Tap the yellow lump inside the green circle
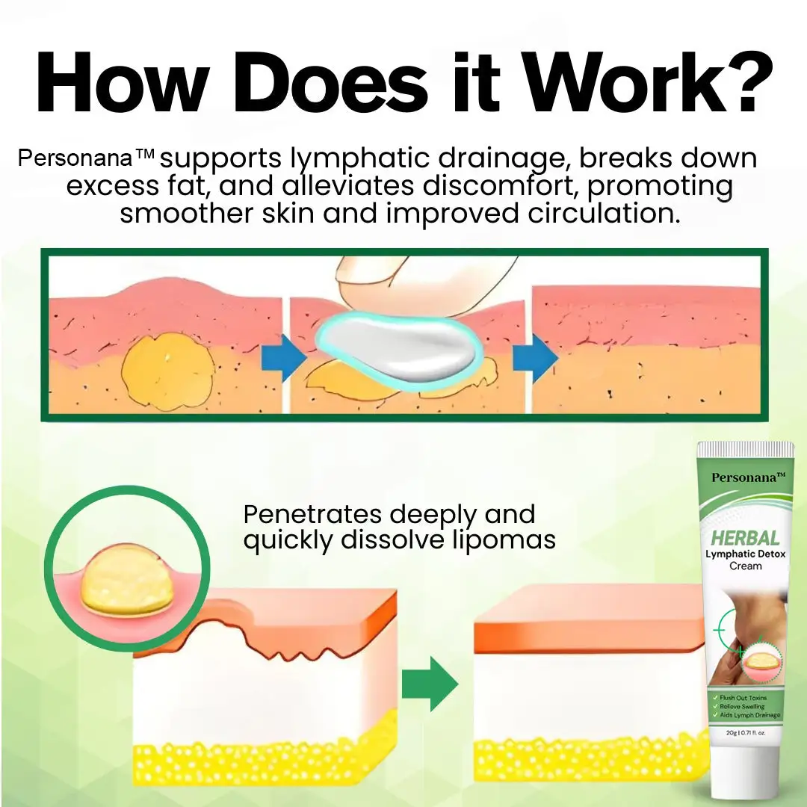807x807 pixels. coord(126,582)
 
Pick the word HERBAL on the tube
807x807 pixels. coord(745,537)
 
